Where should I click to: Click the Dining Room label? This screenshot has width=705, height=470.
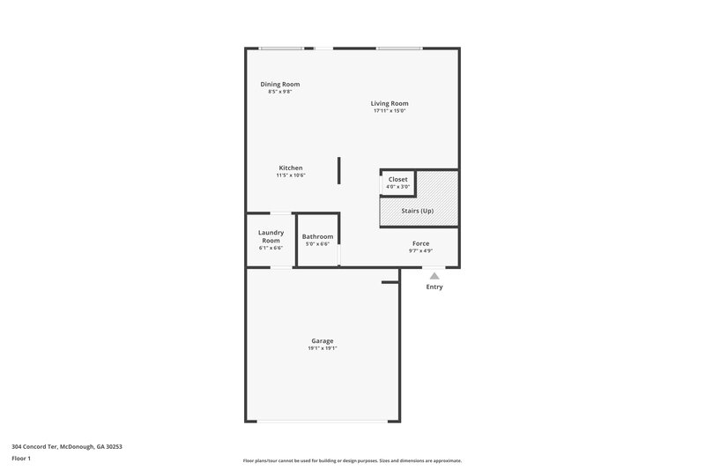click(x=279, y=84)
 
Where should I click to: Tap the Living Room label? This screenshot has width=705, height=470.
click(x=389, y=103)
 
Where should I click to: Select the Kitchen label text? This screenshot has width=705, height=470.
click(x=291, y=168)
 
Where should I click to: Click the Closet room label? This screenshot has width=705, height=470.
click(x=397, y=179)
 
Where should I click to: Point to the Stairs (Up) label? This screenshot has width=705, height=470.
click(x=419, y=212)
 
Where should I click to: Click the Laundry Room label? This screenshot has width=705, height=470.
click(x=270, y=236)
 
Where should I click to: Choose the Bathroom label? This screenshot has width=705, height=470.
click(x=317, y=236)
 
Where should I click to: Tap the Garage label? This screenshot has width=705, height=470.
click(x=322, y=340)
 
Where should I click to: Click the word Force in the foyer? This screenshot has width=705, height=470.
click(x=420, y=242)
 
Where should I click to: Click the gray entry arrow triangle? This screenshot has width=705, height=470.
click(x=434, y=276)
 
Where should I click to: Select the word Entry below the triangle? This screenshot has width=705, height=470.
click(x=434, y=287)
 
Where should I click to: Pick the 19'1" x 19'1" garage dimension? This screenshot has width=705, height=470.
click(x=322, y=348)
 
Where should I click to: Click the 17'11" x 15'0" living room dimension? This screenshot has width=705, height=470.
click(x=389, y=111)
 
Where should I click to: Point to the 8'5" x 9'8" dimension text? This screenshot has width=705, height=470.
click(x=279, y=92)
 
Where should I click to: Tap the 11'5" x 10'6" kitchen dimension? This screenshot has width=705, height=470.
click(x=291, y=175)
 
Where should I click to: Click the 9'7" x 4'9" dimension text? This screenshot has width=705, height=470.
click(x=420, y=250)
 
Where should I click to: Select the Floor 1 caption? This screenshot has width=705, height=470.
click(x=22, y=459)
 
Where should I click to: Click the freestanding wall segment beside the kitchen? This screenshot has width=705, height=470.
click(x=338, y=170)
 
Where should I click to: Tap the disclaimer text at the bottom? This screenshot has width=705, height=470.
click(x=352, y=460)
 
